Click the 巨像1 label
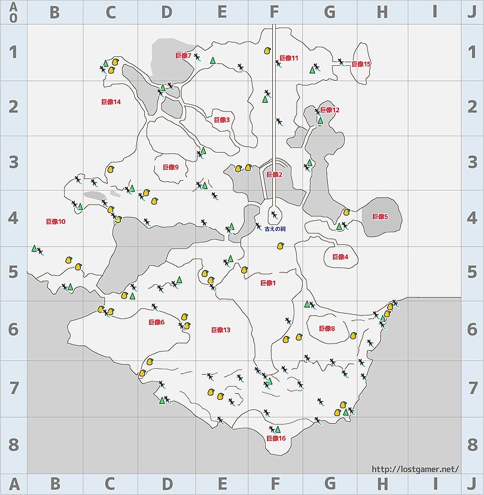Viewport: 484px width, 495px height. click(x=267, y=283)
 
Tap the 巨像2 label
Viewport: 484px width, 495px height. click(x=273, y=175)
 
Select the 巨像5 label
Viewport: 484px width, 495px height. click(x=380, y=217)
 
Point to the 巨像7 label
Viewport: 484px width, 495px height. click(x=183, y=56)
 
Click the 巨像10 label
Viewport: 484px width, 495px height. click(x=56, y=221)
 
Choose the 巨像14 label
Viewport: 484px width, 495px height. click(x=111, y=102)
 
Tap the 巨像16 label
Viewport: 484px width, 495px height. click(x=276, y=438)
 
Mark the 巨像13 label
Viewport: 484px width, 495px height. click(x=221, y=330)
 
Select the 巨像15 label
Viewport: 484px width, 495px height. click(x=361, y=64)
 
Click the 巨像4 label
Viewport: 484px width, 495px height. click(x=340, y=257)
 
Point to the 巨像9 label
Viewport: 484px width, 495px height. click(x=171, y=167)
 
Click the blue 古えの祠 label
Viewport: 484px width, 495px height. click(x=275, y=229)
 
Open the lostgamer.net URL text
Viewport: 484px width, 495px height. click(x=415, y=469)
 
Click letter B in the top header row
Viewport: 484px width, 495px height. click(x=55, y=13)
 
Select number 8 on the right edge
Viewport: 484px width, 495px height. click(x=473, y=445)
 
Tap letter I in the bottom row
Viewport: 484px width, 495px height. click(x=435, y=484)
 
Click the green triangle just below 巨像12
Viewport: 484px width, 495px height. click(x=320, y=120)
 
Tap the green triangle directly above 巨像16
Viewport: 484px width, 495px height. click(x=278, y=429)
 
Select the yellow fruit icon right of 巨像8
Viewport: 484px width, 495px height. click(x=353, y=336)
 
